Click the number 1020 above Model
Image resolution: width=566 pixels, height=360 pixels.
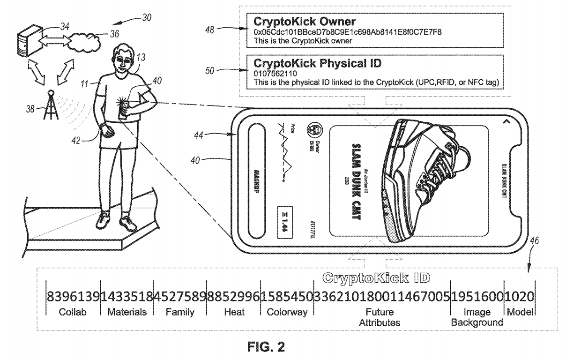pyautogui.click(x=520, y=296)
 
